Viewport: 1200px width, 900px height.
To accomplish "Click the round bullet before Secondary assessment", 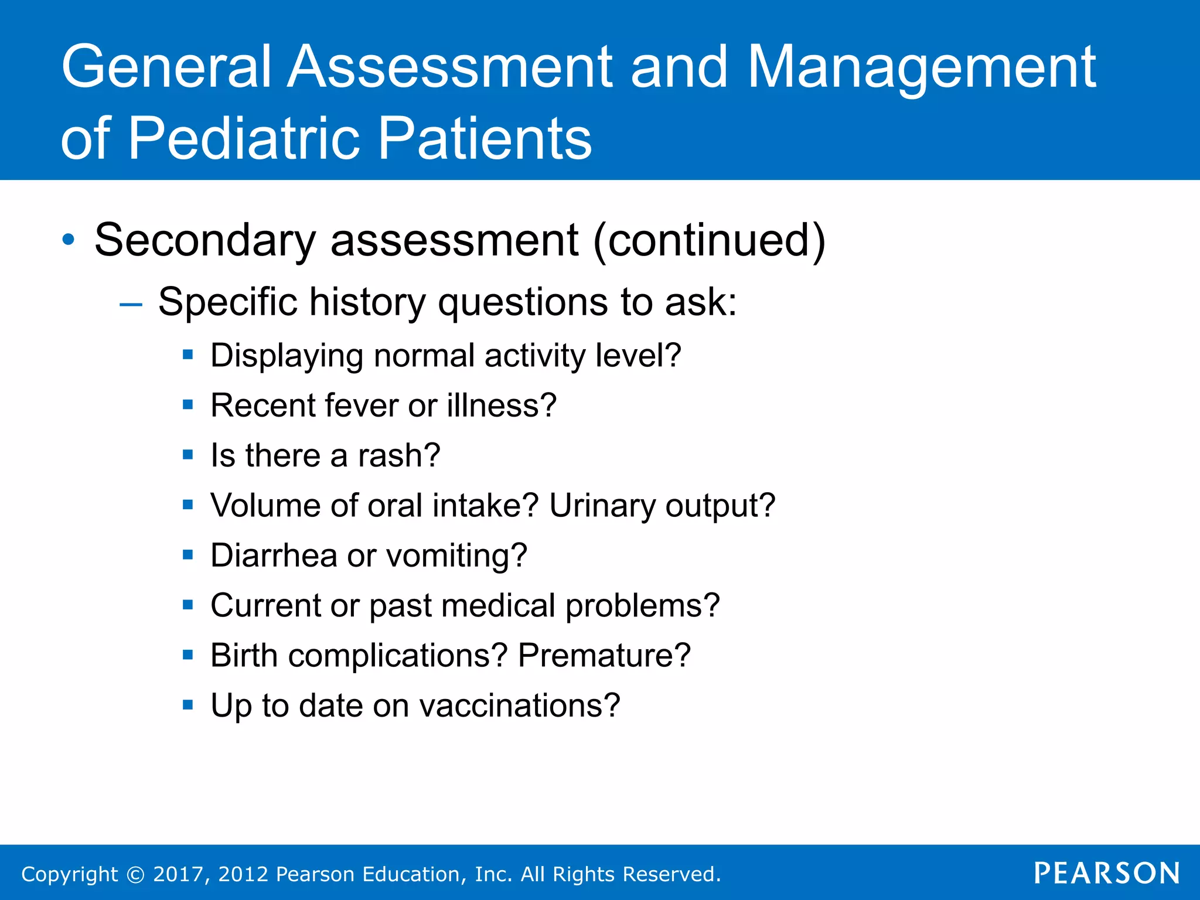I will tap(69, 240).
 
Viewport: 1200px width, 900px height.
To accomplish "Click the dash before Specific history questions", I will tap(130, 304).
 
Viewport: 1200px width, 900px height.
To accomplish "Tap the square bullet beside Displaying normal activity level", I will tap(187, 354).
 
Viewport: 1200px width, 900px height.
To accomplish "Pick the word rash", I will tap(398, 456).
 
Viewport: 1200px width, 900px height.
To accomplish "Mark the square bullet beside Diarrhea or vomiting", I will tap(187, 555).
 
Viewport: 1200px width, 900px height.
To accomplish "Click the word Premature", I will tap(604, 655).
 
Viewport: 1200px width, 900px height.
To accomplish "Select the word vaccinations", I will tap(519, 705).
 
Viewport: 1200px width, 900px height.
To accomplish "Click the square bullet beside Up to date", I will tap(187, 705).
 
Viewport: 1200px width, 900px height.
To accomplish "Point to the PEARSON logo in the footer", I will tap(1107, 873).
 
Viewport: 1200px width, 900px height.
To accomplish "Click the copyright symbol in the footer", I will tap(135, 874).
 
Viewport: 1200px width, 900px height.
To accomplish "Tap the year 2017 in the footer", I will tap(178, 874).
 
